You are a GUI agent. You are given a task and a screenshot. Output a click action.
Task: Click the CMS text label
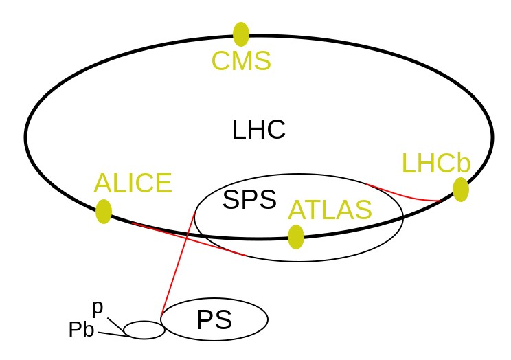pos(241,60)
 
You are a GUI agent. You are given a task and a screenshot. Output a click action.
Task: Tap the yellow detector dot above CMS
pos(241,34)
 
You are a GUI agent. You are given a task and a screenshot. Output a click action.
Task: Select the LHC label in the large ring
pos(259,129)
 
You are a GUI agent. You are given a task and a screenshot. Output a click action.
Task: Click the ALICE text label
pos(133,183)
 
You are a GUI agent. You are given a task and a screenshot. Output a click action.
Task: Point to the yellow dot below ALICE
pos(104,212)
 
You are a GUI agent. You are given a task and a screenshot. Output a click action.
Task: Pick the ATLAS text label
pos(330,210)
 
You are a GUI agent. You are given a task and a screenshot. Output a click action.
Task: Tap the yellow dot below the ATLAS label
pos(296,237)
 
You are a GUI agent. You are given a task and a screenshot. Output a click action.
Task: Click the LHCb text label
pos(436,163)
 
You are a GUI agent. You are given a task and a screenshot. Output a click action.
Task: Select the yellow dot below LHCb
pos(461,190)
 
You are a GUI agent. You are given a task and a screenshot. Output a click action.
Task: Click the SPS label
pos(249,199)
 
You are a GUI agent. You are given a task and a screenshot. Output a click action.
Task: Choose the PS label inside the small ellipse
pos(214,320)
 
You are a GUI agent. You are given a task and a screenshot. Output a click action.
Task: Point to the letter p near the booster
pos(98,308)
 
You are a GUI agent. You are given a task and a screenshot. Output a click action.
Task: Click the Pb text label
pos(82,329)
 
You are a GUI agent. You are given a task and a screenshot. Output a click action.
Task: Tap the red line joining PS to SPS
pos(178,264)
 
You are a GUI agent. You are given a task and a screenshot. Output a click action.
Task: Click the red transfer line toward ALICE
pos(188,238)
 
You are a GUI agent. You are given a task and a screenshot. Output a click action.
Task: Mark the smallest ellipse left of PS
pos(144,322)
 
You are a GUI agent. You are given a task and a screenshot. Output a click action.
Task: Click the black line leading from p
pos(115,324)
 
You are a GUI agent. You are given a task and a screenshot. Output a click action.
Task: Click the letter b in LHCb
pos(464,162)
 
